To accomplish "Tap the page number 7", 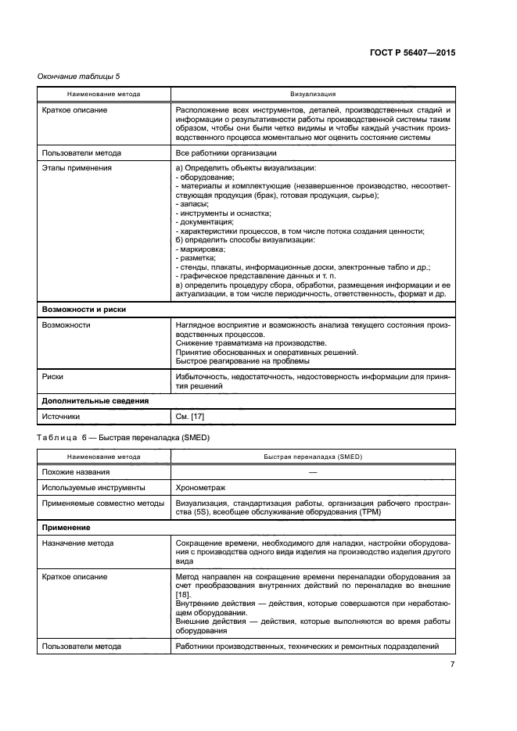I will pyautogui.click(x=452, y=665).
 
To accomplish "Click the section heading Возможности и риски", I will pyautogui.click(x=84, y=309).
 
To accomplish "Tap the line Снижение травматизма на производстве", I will pyautogui.click(x=250, y=343).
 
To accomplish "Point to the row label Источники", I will pyautogui.click(x=60, y=417).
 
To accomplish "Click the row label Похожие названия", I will pyautogui.click(x=76, y=471).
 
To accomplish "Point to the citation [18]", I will pyautogui.click(x=185, y=595).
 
